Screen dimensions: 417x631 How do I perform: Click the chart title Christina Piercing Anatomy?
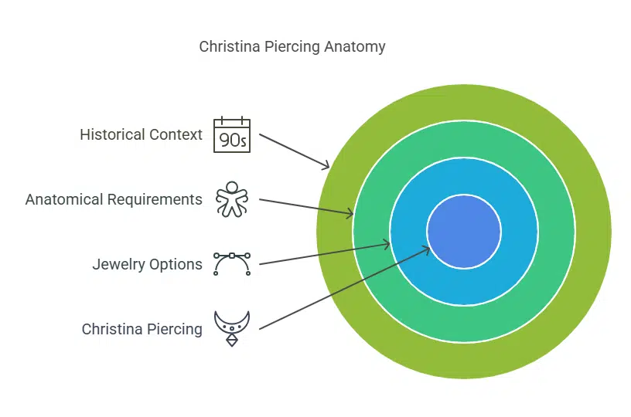coord(292,46)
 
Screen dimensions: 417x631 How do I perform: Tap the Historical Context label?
coord(142,134)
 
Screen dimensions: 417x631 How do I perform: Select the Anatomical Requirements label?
coord(114,199)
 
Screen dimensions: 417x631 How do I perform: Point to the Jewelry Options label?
coord(148,264)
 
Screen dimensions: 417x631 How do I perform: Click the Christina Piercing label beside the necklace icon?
coord(142,329)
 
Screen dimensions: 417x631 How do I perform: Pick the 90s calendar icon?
coord(232,134)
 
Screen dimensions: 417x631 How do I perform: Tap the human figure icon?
coord(232,199)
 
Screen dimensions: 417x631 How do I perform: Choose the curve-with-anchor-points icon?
coord(232,264)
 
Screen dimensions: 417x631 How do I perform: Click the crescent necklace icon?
coord(232,324)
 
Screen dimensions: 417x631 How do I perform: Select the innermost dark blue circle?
coord(464,231)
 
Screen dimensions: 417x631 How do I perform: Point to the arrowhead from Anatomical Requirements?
coord(352,213)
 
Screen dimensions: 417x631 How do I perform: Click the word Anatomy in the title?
coord(355,46)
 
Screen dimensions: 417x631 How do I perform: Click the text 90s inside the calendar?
coord(232,140)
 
